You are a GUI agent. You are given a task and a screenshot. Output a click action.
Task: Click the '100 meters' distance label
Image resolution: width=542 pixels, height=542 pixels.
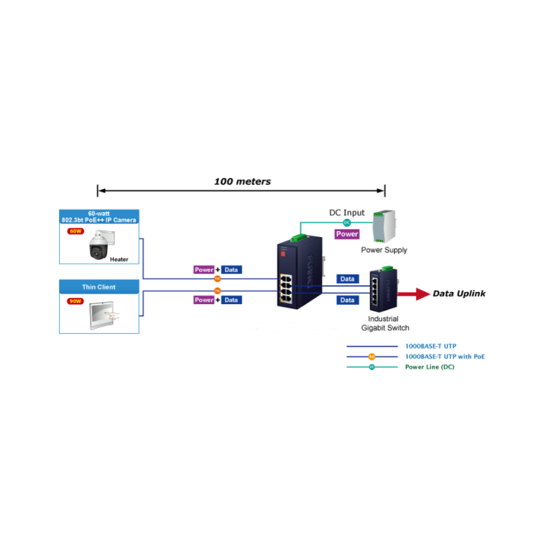point(242,182)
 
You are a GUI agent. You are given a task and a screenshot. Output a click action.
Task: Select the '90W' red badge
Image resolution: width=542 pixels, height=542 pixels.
point(75,301)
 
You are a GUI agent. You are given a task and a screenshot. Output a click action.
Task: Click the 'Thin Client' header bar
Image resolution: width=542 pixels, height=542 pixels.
point(99,287)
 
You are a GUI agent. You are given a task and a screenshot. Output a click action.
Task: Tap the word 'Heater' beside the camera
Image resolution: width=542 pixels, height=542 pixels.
point(119,259)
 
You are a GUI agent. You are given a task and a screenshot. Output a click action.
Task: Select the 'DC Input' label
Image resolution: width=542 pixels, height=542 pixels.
point(346,213)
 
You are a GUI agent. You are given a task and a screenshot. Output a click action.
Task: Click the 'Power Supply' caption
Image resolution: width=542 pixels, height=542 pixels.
point(384,250)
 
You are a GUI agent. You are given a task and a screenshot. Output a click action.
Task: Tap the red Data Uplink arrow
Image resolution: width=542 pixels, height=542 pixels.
point(411,294)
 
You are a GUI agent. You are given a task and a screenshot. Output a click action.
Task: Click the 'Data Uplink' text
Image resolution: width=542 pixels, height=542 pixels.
point(459,294)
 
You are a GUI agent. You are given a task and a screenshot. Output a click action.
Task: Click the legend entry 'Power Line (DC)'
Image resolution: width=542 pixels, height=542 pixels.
point(430,367)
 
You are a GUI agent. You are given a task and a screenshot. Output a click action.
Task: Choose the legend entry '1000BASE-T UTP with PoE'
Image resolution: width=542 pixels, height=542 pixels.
point(445,356)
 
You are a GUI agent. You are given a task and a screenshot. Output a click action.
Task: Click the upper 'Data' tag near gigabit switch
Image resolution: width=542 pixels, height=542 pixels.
point(348,279)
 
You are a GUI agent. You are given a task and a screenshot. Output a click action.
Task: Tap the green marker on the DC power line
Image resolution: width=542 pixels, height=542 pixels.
point(347,222)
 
